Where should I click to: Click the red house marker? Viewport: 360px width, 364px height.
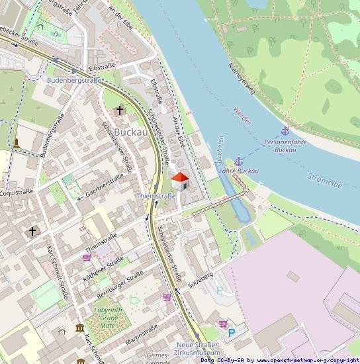179,179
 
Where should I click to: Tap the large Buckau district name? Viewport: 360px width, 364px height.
131,132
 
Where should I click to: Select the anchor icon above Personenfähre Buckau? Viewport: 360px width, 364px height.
285,131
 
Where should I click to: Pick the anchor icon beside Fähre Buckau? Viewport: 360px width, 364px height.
238,161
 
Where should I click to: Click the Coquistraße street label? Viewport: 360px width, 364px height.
16,193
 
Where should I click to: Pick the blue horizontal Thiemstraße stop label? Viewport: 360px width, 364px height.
156,197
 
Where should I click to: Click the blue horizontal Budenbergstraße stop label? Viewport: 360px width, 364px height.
74,80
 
